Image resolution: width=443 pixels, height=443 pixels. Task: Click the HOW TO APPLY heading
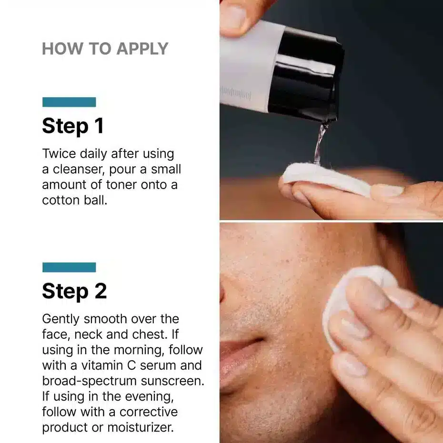pos(105,49)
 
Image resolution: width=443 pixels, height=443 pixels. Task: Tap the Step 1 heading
pos(73,126)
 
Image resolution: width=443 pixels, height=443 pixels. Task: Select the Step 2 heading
pos(74,291)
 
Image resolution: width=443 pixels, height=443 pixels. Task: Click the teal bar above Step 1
pos(69,102)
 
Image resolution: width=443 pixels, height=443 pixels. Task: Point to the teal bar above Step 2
pos(69,267)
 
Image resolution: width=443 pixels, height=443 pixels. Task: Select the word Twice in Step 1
pos(58,154)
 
